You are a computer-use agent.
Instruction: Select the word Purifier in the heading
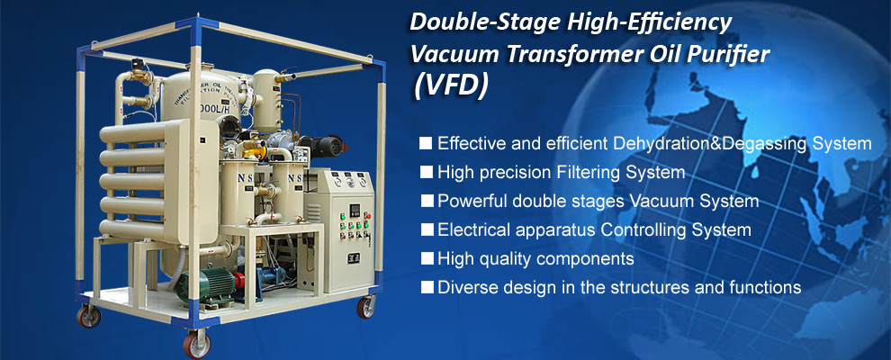pos(728,54)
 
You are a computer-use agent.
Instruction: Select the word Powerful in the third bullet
pos(469,201)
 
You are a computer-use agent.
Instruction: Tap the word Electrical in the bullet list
pos(472,229)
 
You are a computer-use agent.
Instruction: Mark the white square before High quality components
pos(426,259)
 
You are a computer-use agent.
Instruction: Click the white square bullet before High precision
pos(426,172)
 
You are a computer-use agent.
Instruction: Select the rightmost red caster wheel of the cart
pos(366,306)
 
